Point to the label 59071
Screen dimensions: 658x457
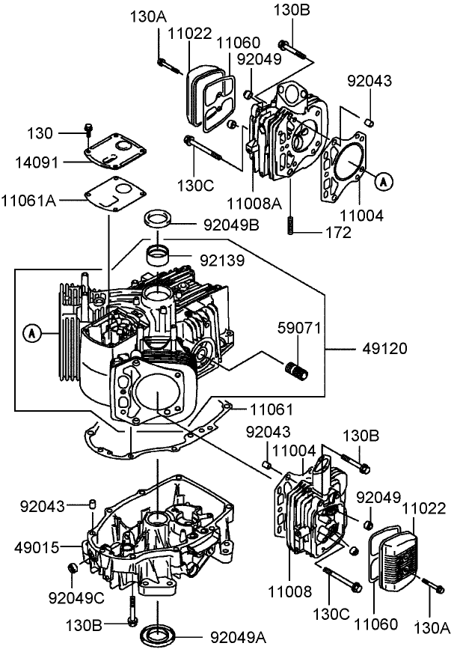pos(299,327)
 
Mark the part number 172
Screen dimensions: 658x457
pos(337,233)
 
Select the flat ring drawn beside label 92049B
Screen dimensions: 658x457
pos(159,220)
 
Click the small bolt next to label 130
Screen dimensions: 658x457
pos(88,131)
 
